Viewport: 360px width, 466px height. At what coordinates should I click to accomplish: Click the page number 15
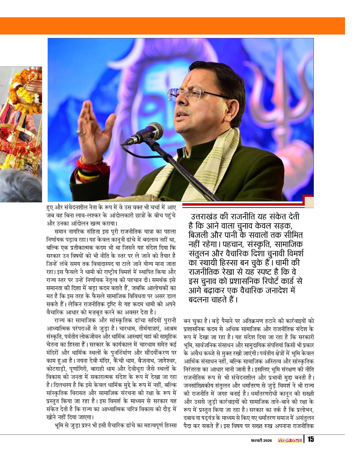[x=311, y=440]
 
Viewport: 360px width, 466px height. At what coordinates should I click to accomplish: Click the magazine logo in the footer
[x=290, y=440]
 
